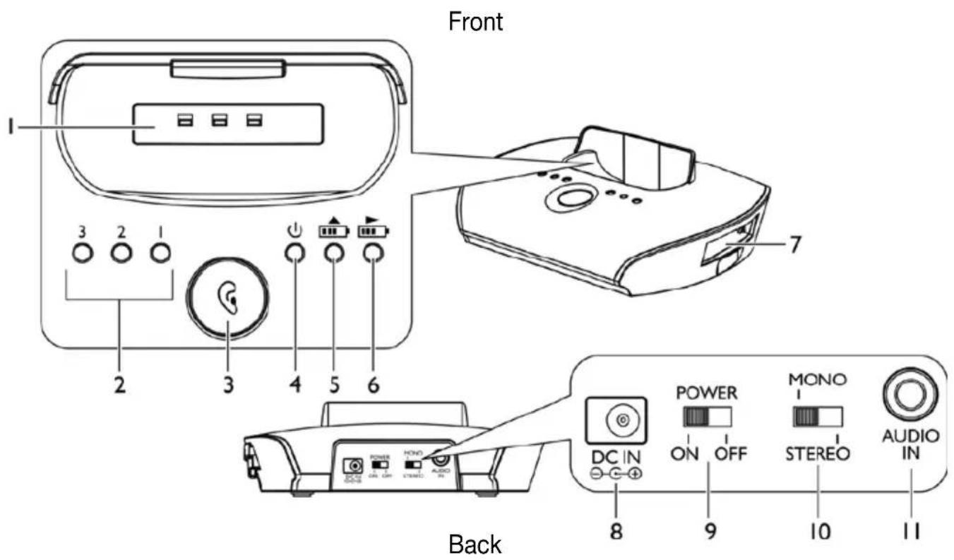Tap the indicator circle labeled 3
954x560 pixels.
[x=83, y=253]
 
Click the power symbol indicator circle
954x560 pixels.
[x=294, y=253]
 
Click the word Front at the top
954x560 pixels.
[x=476, y=21]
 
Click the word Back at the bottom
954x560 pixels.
[x=476, y=544]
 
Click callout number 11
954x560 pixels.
[x=911, y=529]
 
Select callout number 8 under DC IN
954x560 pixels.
[x=616, y=529]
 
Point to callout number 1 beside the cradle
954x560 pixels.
[x=10, y=127]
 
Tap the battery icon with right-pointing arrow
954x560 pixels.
[x=373, y=230]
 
